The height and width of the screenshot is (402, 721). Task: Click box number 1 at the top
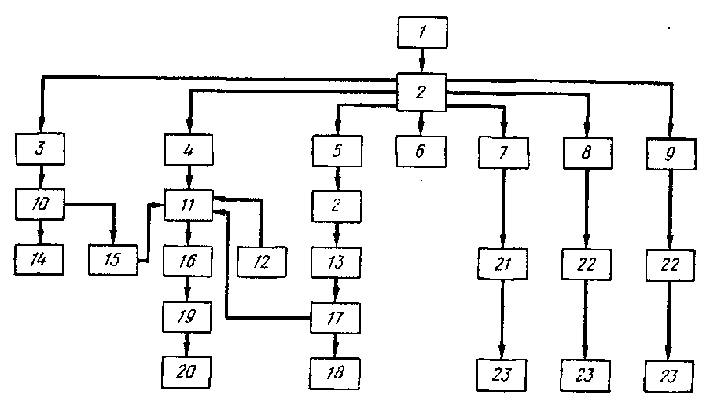[x=421, y=33]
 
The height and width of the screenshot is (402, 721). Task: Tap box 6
[x=421, y=148]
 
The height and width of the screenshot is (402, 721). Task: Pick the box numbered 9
[x=671, y=152]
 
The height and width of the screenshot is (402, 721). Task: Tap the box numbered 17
[x=337, y=318]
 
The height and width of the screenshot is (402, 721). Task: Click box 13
[x=337, y=261]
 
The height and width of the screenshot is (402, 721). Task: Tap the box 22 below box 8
[x=586, y=265]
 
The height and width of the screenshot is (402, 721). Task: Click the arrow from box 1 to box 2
[x=421, y=61]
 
